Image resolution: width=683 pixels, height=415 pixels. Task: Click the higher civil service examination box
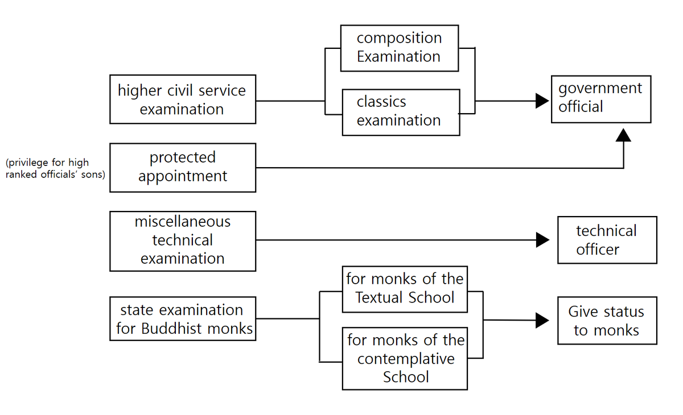(182, 99)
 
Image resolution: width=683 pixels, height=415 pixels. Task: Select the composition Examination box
(399, 48)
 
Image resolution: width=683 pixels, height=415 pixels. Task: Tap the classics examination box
(401, 112)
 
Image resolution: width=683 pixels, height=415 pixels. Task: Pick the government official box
(600, 98)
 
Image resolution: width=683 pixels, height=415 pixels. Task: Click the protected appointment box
(182, 167)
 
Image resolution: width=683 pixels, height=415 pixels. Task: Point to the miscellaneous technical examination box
(182, 240)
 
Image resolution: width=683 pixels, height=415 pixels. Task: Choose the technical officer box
(607, 240)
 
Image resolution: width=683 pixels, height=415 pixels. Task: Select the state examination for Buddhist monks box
(182, 319)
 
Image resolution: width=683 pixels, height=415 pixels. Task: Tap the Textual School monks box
(405, 289)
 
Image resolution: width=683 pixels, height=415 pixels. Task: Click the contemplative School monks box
(405, 358)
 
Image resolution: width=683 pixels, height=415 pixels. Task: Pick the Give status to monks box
(607, 321)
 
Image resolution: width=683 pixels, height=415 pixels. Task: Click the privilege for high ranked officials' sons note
(55, 169)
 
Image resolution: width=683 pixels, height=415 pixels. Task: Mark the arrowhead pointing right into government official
(542, 101)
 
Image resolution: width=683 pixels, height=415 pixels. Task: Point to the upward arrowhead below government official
(624, 135)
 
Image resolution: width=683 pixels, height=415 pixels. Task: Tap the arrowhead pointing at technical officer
(542, 240)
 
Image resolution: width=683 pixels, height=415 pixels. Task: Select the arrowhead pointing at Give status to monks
(542, 320)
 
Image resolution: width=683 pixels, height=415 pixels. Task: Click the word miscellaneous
(182, 222)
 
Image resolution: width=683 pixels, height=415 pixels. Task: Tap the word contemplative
(406, 359)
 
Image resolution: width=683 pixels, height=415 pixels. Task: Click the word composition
(399, 38)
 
